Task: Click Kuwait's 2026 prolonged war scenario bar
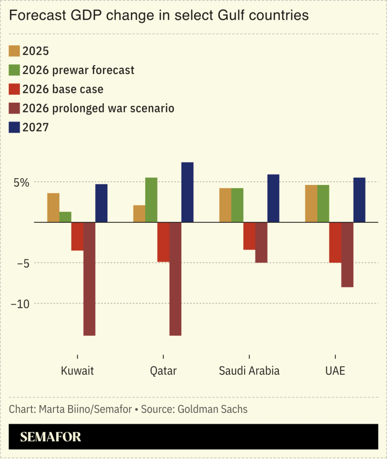pos(89,279)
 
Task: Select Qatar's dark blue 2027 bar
pos(187,192)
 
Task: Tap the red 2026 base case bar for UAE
pos(335,242)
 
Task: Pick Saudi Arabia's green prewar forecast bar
pos(237,205)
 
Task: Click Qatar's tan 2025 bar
pos(139,214)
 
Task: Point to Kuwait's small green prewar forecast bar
pos(65,217)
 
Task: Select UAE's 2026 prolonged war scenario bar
pos(347,255)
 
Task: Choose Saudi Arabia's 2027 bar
pos(273,198)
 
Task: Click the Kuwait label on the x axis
pos(78,371)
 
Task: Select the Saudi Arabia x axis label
pos(249,371)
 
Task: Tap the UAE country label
pos(335,371)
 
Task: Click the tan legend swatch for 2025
pos(15,51)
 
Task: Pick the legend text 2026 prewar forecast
pos(79,70)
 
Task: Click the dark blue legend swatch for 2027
pos(15,128)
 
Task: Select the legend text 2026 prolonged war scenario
pos(98,108)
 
